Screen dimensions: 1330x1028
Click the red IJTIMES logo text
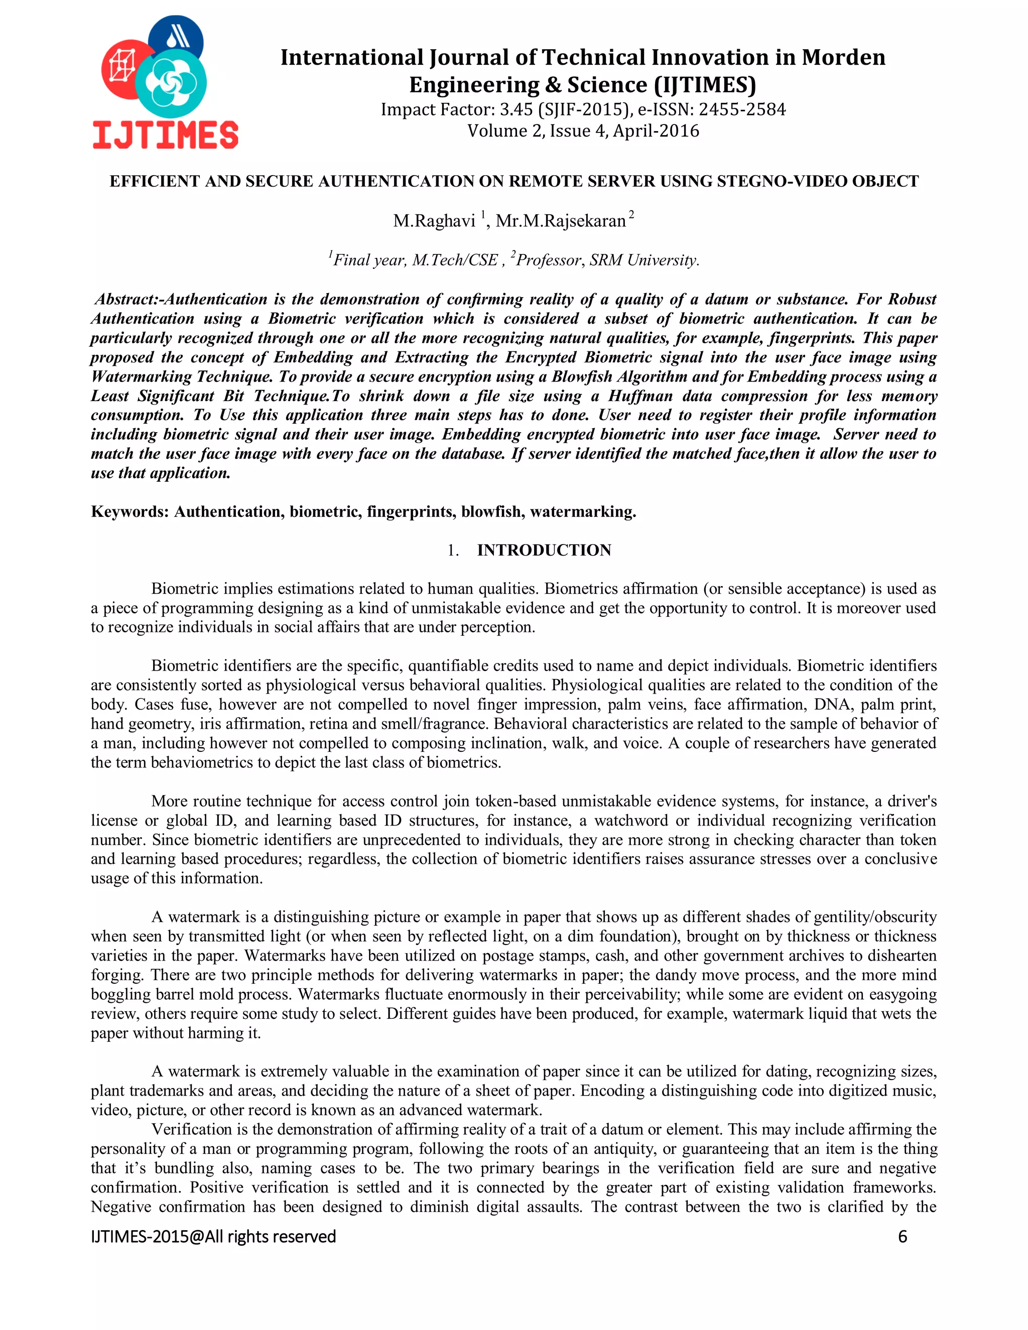coord(165,135)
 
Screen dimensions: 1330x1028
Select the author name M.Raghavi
coord(434,221)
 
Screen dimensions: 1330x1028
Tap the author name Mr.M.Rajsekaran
coord(560,221)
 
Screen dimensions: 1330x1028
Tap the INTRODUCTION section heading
coord(544,550)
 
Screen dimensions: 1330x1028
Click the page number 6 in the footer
coord(903,1236)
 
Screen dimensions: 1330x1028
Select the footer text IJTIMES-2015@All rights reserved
coord(213,1236)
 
